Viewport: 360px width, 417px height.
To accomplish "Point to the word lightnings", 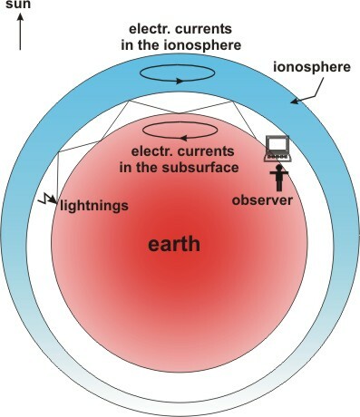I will tap(95, 205).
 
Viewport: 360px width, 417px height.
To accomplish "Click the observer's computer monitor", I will tap(277, 145).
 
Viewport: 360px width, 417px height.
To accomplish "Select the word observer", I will tap(263, 199).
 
